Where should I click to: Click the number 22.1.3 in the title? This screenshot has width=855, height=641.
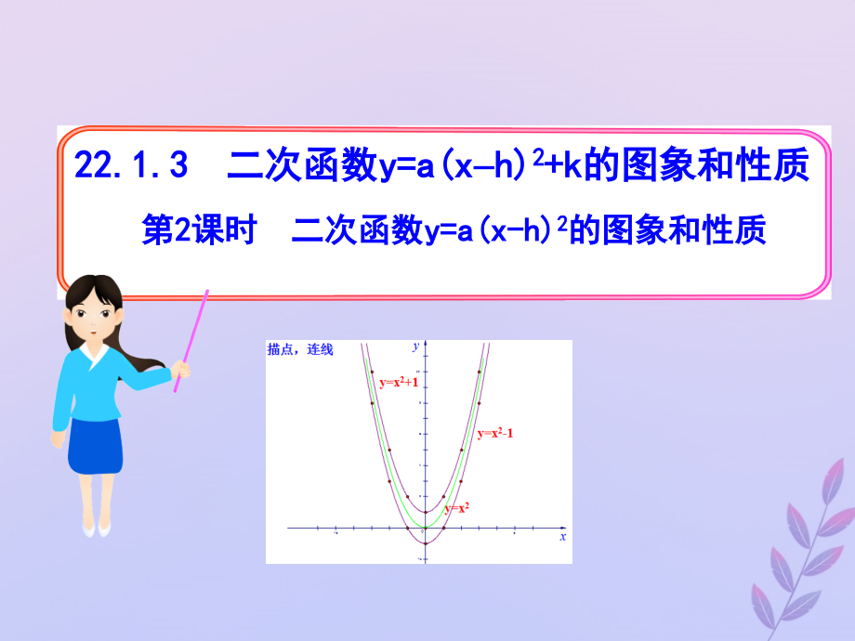pyautogui.click(x=131, y=166)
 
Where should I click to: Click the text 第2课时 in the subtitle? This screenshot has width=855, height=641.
pyautogui.click(x=198, y=229)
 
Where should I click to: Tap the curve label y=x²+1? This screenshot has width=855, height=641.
pyautogui.click(x=399, y=382)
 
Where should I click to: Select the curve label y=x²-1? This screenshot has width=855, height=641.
pyautogui.click(x=495, y=433)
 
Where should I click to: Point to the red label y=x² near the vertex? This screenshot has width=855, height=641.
pyautogui.click(x=456, y=508)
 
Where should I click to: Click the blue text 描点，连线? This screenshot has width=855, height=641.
pyautogui.click(x=299, y=350)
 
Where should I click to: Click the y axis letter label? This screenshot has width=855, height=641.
pyautogui.click(x=414, y=347)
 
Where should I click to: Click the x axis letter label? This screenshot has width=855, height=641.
pyautogui.click(x=562, y=538)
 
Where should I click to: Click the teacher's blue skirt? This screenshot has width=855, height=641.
pyautogui.click(x=95, y=447)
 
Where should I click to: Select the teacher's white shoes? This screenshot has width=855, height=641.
pyautogui.click(x=96, y=528)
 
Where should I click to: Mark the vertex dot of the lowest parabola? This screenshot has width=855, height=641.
pyautogui.click(x=425, y=542)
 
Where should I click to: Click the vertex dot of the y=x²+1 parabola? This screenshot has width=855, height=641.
pyautogui.click(x=425, y=512)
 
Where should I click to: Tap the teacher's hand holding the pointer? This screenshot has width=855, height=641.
pyautogui.click(x=180, y=371)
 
